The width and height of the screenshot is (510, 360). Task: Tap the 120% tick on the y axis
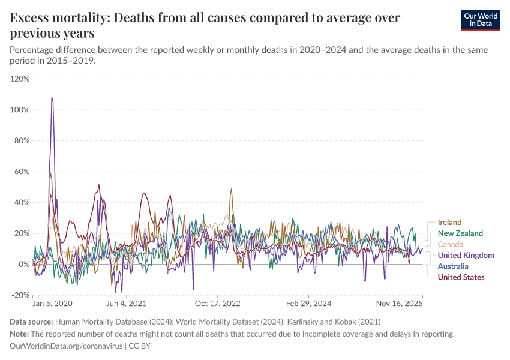click(x=20, y=79)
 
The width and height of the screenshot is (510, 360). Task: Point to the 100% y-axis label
click(x=20, y=110)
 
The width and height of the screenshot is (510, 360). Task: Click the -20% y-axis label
click(x=20, y=295)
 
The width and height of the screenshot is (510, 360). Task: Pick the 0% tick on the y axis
click(x=23, y=264)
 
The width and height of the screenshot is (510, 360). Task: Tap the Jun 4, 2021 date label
click(x=129, y=304)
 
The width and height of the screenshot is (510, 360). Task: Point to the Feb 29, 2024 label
click(x=308, y=304)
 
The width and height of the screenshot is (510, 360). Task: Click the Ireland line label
click(x=450, y=223)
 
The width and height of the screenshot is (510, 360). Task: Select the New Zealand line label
click(x=460, y=233)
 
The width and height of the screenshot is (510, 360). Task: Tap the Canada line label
click(x=451, y=244)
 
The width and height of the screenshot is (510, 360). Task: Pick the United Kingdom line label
click(x=466, y=255)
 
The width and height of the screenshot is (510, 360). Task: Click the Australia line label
click(x=454, y=266)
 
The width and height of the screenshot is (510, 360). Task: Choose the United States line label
click(x=461, y=277)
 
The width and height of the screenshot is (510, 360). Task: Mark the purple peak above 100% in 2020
click(x=52, y=97)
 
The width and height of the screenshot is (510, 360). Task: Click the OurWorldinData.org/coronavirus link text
click(x=66, y=346)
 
